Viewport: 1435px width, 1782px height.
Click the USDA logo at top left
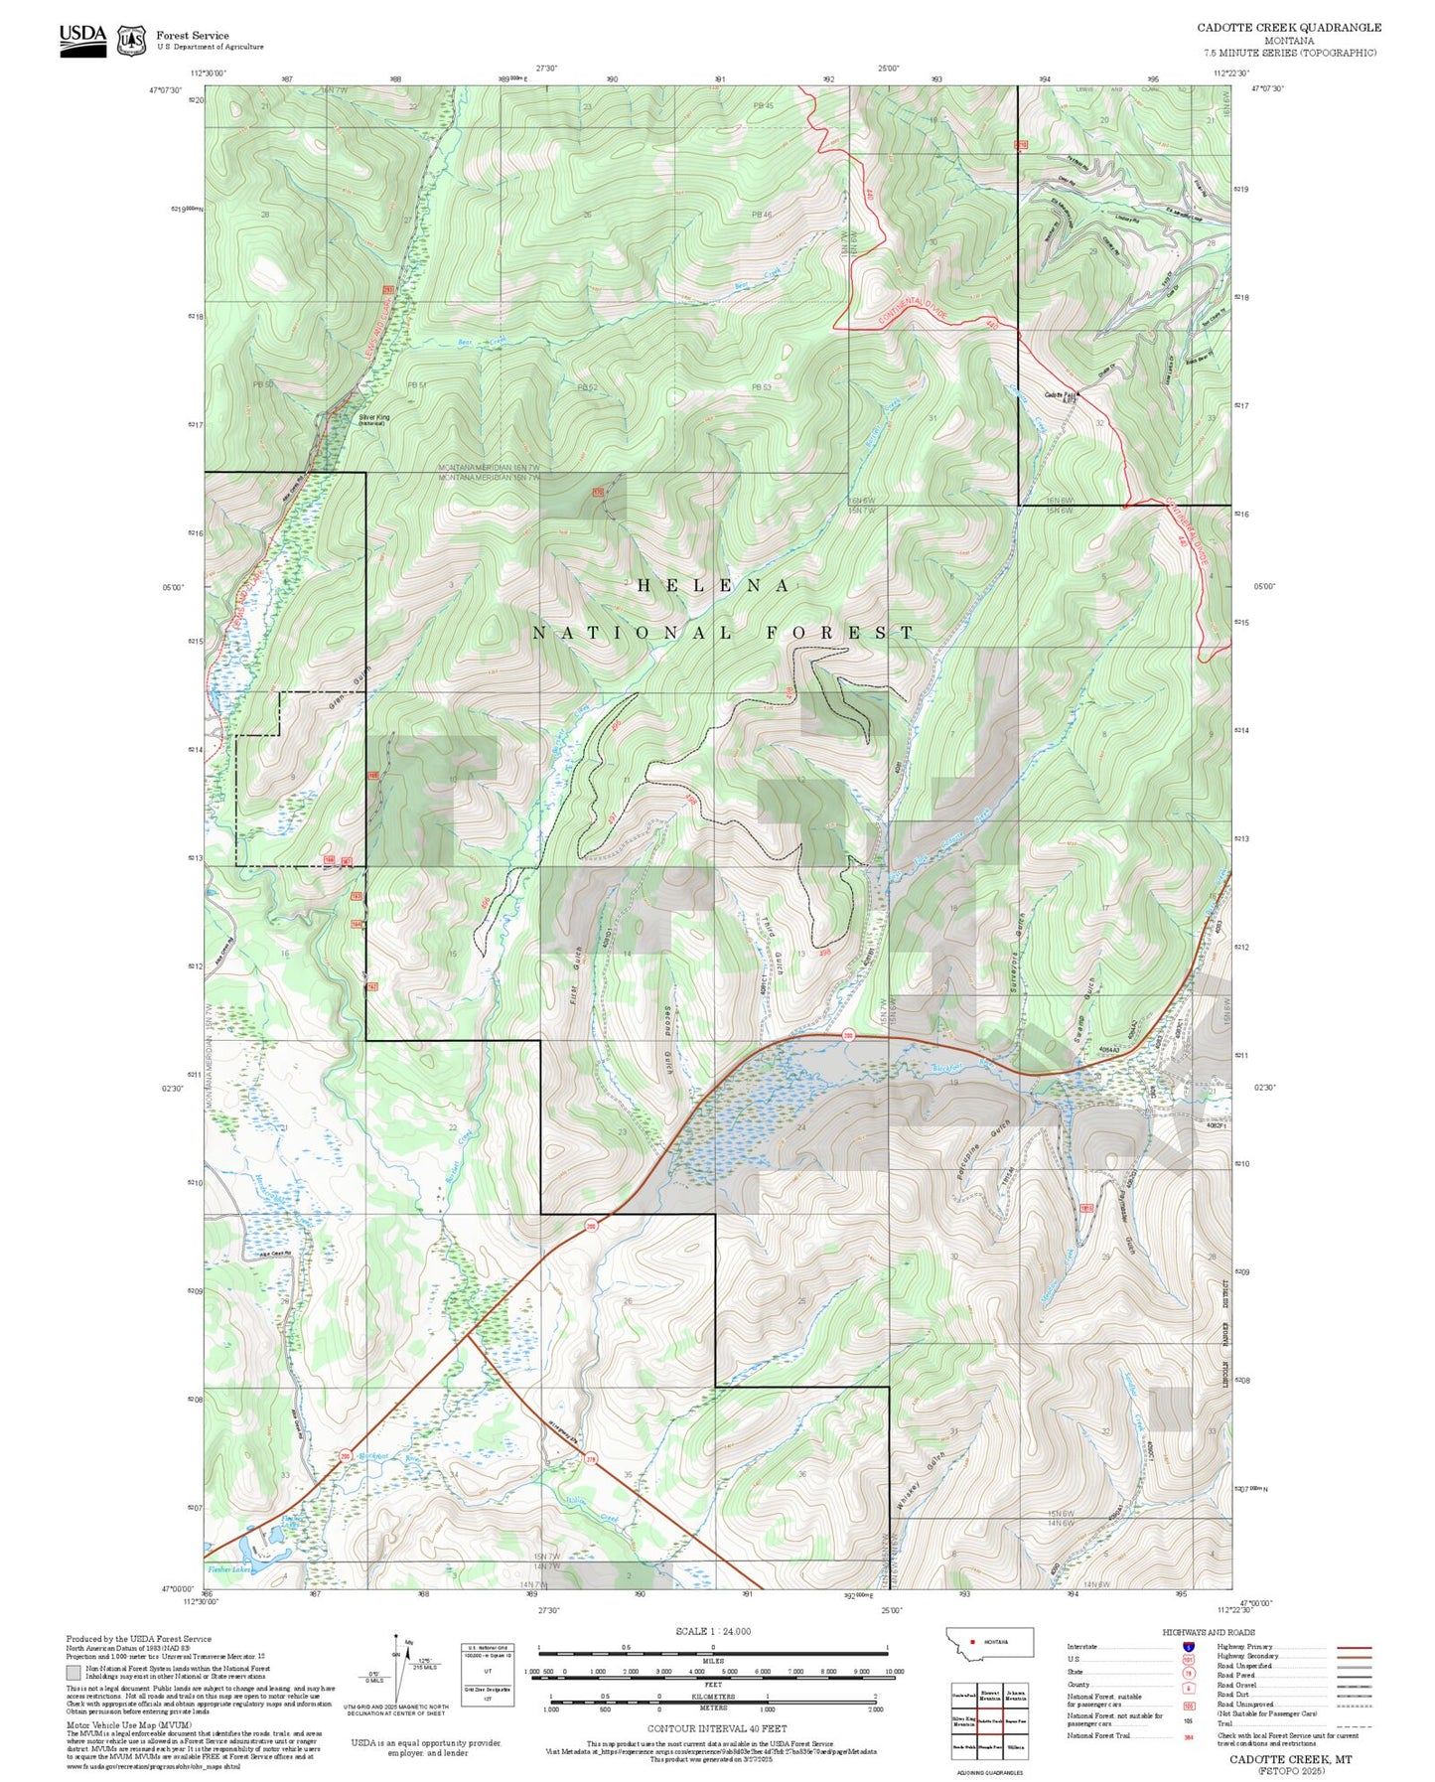pos(82,39)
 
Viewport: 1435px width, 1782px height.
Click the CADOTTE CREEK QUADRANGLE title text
pos(1288,27)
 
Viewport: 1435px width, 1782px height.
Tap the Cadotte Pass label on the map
pos(1060,395)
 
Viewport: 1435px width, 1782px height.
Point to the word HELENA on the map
pos(713,586)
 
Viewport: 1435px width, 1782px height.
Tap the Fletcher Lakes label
pos(229,1569)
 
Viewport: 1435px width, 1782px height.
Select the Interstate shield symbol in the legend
pos(1188,1647)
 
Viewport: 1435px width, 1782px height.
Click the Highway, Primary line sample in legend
pos(1354,1647)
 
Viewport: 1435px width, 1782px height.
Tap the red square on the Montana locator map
pos(972,1642)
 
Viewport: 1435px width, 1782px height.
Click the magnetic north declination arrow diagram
pos(399,1668)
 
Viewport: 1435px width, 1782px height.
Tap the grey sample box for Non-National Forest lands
pos(73,1672)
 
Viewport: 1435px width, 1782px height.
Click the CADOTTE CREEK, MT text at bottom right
pos(1290,1759)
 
